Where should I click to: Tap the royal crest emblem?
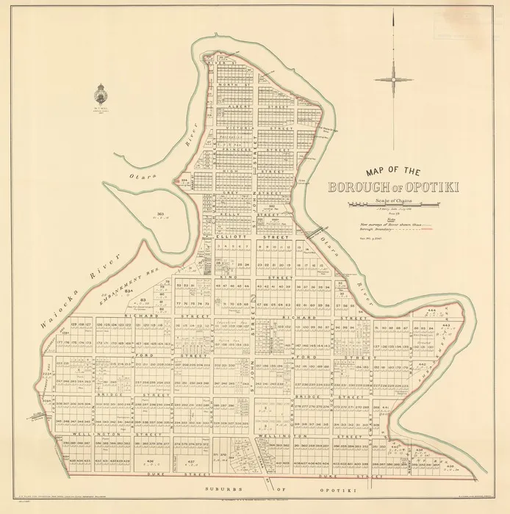click(101, 95)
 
